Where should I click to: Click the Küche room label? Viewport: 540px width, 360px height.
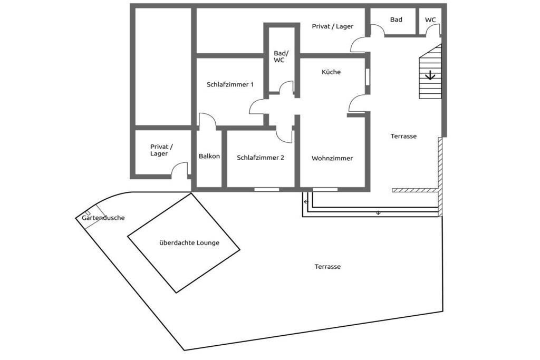point(331,72)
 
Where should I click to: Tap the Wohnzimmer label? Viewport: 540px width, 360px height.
point(332,158)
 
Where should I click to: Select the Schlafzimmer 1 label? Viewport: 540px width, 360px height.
point(230,84)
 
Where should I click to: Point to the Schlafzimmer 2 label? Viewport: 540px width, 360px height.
point(261,158)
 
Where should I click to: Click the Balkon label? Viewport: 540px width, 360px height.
point(209,156)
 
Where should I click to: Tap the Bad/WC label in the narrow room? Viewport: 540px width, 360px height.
point(281,56)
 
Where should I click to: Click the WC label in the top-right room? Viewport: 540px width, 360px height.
point(430,20)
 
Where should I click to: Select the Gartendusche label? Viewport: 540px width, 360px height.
point(103,218)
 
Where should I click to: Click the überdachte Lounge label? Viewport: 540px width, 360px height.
point(189,242)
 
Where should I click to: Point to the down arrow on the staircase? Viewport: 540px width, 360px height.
point(430,75)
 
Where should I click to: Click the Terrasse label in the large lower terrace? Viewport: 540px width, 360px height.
point(327,267)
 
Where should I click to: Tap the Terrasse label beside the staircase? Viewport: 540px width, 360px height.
point(403,137)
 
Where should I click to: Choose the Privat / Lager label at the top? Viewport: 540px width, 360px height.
point(332,26)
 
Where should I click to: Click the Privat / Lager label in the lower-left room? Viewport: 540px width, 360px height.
point(161,150)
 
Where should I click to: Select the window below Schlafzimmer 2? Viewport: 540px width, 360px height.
point(266,190)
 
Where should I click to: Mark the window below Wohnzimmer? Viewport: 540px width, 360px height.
point(325,190)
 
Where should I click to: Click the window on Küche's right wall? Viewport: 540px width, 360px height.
point(368,77)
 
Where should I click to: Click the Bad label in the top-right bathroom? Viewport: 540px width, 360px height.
point(396,20)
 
